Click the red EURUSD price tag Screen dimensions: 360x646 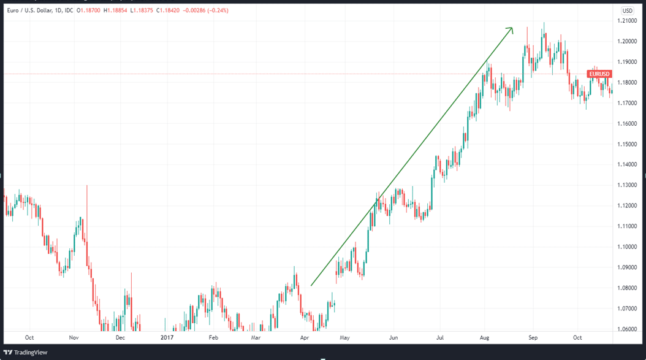point(599,74)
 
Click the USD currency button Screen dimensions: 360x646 point(628,10)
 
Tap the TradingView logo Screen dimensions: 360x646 point(25,352)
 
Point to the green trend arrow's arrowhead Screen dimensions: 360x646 point(510,29)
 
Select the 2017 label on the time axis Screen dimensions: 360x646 point(167,337)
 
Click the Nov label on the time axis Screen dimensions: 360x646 point(74,337)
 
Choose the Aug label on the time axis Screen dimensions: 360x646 point(485,337)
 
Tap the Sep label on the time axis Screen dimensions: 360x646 point(533,337)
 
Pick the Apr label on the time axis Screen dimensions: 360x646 point(305,337)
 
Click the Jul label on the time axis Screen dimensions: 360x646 point(440,337)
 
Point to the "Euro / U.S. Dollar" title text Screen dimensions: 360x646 point(31,10)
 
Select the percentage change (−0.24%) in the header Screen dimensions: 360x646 point(216,10)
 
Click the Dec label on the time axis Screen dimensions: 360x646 point(120,337)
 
